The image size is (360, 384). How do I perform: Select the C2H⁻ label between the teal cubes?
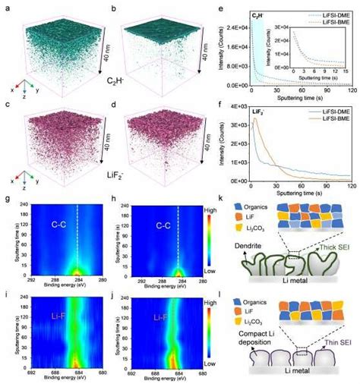(x=115, y=98)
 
